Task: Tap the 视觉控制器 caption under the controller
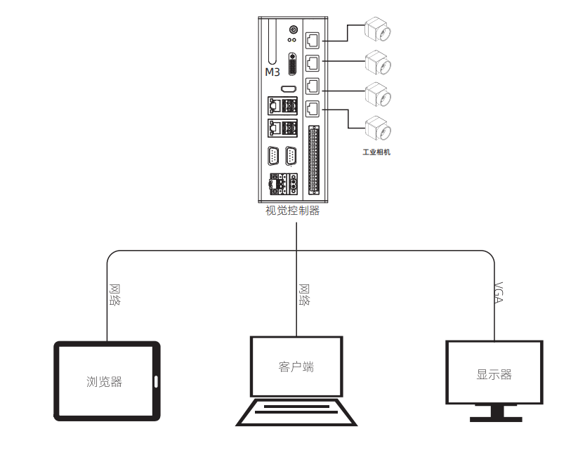pos(291,210)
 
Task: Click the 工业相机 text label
pos(376,152)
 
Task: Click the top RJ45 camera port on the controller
pos(313,38)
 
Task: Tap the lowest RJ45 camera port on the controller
pos(313,109)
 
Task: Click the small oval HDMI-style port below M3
pos(287,89)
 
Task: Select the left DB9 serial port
pos(275,156)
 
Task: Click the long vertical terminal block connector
pos(313,160)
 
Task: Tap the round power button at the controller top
pos(293,29)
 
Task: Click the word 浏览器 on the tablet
pos(105,382)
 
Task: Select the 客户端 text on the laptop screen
pos(296,367)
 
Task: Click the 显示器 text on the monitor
pos(494,374)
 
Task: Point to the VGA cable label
pos(499,291)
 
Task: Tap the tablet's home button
pos(155,382)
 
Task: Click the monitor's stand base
pos(496,418)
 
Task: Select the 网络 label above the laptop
pos(305,294)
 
